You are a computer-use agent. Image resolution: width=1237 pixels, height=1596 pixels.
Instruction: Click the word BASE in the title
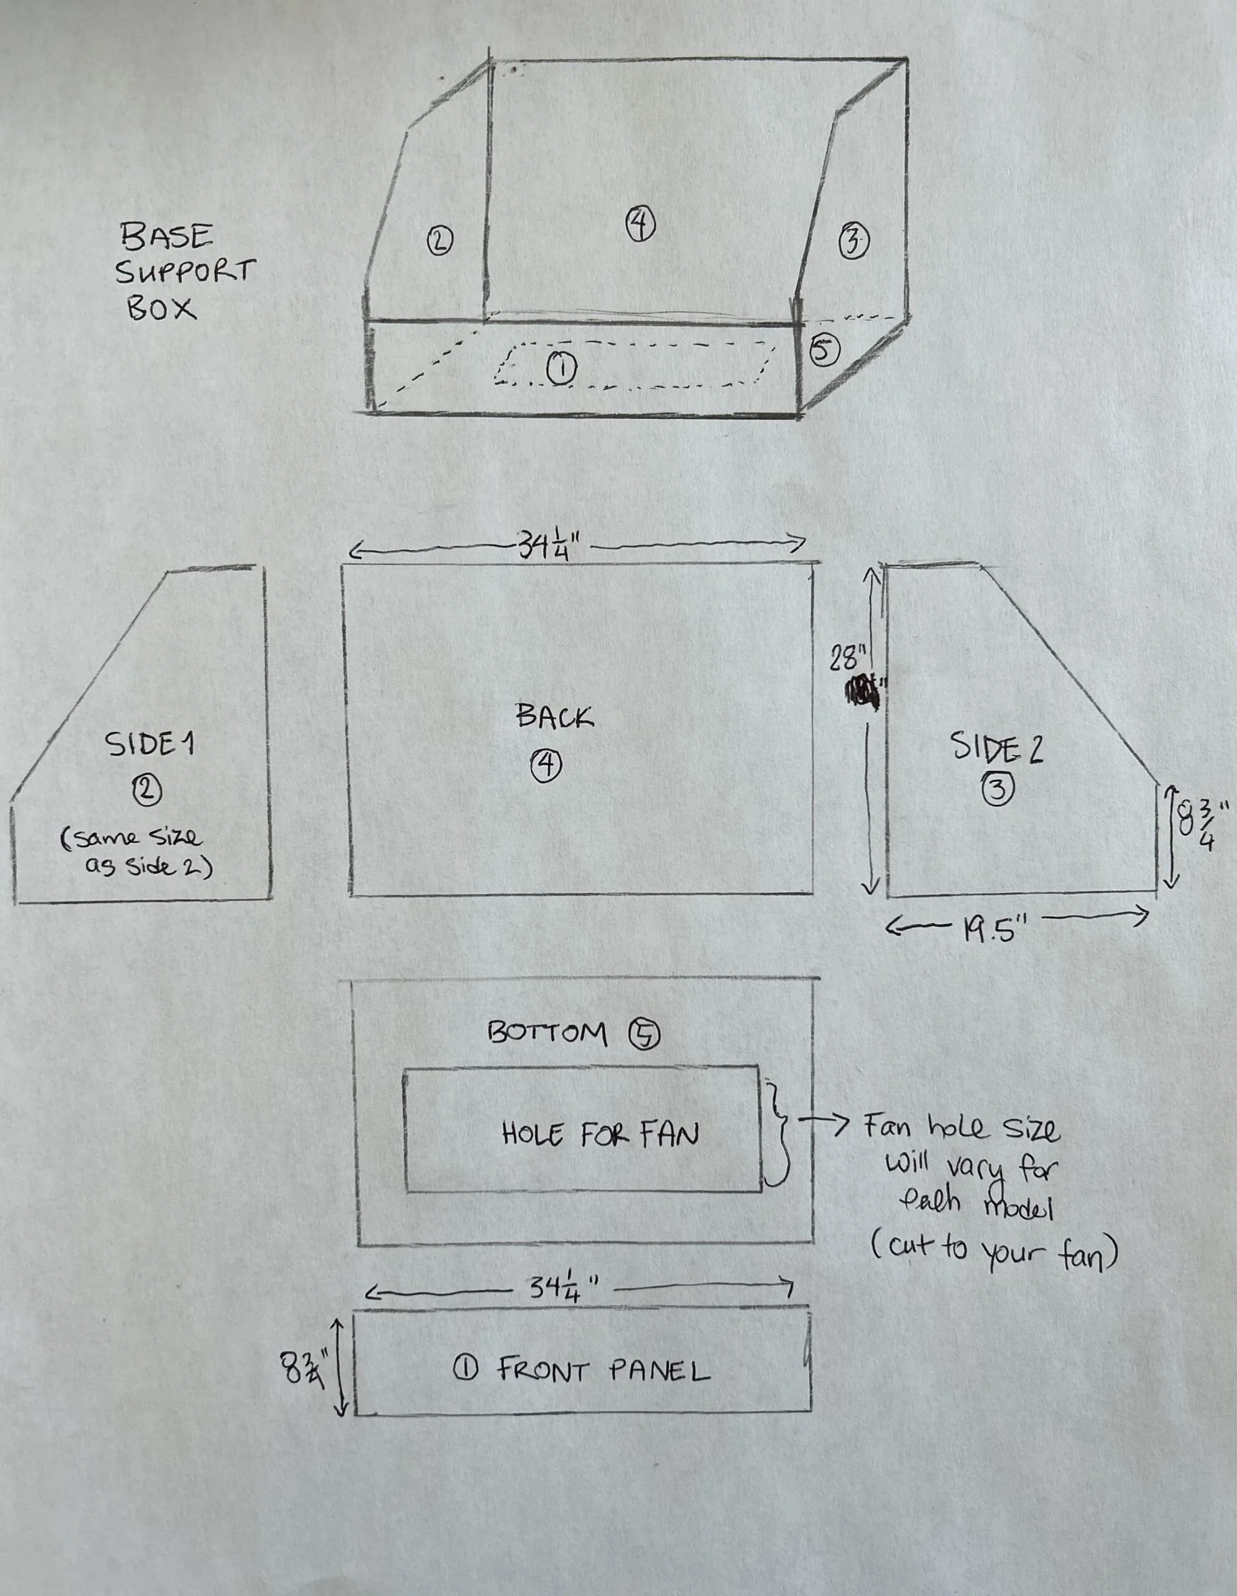tap(167, 237)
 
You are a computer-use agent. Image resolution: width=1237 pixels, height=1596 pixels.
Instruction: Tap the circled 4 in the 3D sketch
tap(640, 224)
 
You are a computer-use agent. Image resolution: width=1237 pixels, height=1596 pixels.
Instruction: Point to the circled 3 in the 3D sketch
tap(853, 242)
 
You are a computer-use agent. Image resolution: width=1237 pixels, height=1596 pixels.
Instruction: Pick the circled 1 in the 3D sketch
tap(561, 368)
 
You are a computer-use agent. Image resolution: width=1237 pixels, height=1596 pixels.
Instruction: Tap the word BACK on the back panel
tap(554, 716)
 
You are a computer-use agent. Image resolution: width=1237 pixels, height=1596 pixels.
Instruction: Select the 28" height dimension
tap(847, 658)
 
